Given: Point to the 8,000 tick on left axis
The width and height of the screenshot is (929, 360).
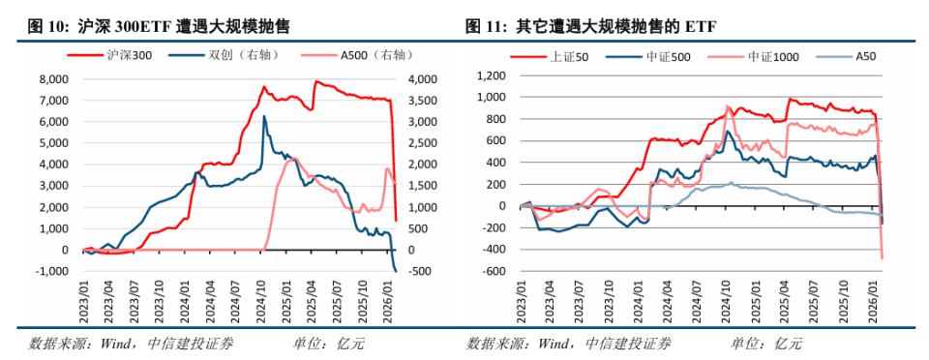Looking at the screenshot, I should tap(52, 79).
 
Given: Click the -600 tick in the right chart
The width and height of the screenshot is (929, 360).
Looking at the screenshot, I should tap(495, 271).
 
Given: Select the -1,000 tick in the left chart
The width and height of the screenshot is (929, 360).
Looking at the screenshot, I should tap(50, 271).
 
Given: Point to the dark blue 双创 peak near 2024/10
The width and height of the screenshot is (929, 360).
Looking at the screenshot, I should tap(265, 117).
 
